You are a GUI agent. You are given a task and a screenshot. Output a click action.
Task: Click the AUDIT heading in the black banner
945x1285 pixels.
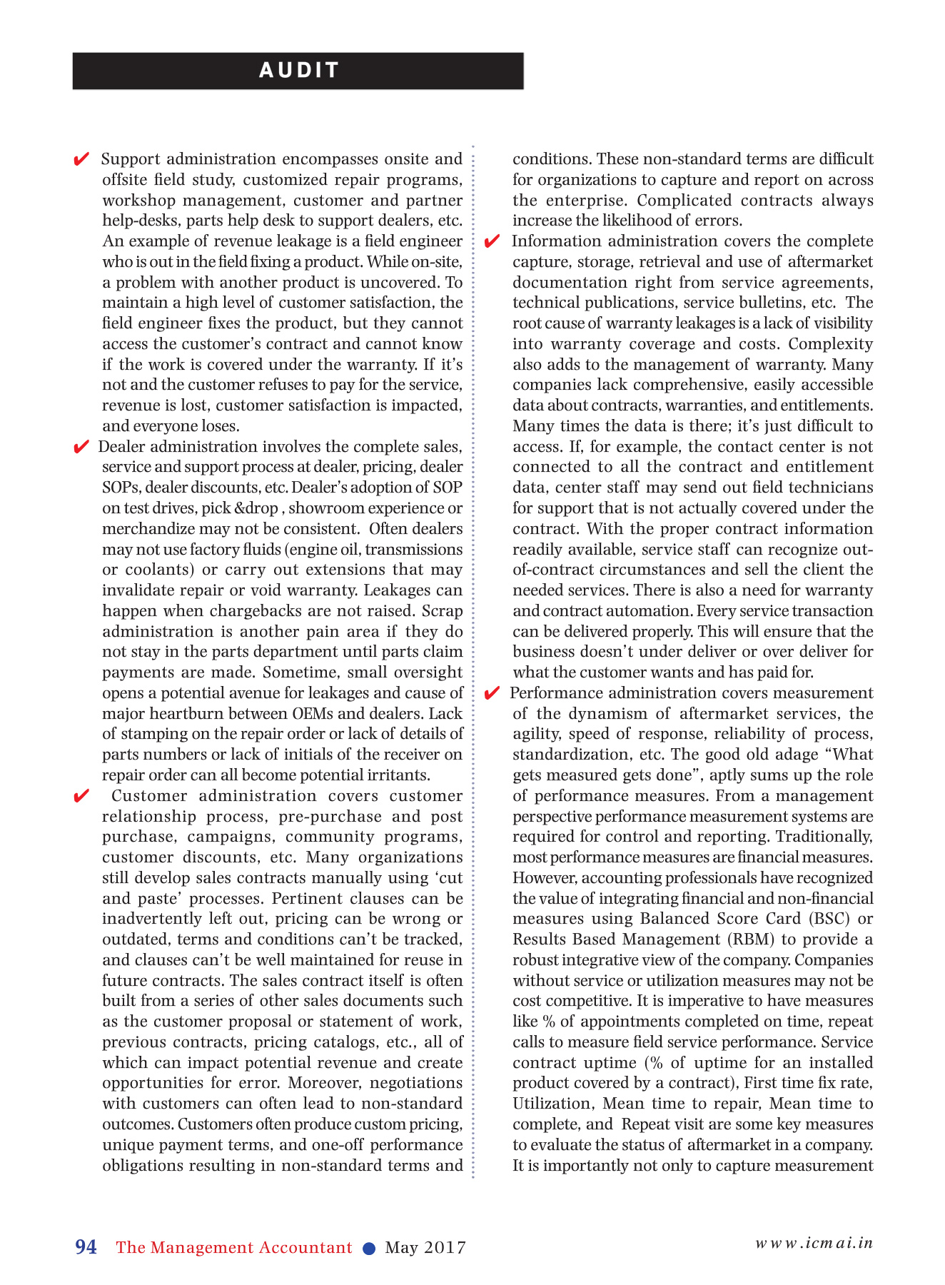[x=298, y=70]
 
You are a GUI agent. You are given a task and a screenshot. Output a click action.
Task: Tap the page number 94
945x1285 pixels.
[x=86, y=1246]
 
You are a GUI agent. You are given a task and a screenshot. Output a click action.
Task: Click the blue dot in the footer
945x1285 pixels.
[x=369, y=1248]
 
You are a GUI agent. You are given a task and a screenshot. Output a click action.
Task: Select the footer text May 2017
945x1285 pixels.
[x=425, y=1247]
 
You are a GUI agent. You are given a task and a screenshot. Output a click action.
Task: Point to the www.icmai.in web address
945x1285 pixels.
[x=814, y=1242]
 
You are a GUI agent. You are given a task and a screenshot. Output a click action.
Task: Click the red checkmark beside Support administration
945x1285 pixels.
[x=81, y=158]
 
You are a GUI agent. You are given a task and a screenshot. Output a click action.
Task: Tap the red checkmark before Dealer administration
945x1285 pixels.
[x=81, y=447]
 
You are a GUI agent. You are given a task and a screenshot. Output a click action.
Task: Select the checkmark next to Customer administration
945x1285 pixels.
[x=81, y=796]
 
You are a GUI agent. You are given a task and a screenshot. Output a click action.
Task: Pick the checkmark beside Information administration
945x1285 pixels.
[x=492, y=241]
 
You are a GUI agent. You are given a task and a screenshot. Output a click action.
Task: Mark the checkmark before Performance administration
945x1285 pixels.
[x=492, y=693]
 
